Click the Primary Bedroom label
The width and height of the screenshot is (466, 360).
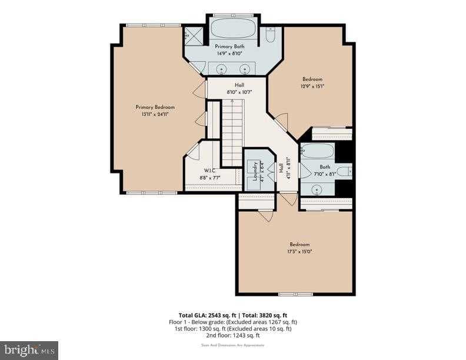click(155, 107)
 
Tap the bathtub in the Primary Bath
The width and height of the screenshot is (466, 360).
click(233, 28)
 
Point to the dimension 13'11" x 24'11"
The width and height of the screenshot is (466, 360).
click(155, 114)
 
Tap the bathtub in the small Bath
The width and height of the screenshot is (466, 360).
click(317, 151)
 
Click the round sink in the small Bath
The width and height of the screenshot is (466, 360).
click(317, 189)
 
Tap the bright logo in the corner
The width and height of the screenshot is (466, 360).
click(29, 350)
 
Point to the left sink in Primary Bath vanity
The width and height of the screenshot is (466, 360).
click(222, 69)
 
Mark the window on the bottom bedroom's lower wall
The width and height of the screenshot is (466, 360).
click(295, 294)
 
